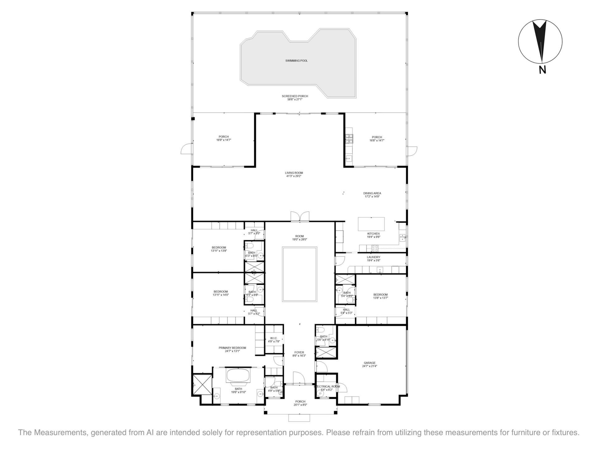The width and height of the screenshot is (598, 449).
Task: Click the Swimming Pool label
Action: point(296,60)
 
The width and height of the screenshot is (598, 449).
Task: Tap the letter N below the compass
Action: point(542,70)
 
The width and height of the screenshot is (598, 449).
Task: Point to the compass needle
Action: point(540,41)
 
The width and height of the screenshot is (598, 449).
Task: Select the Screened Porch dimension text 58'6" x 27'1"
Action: point(295,99)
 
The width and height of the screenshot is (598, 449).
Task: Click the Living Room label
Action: point(294,173)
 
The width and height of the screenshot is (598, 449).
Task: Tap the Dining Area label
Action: point(372,193)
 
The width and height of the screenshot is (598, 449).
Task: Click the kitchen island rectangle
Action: point(371,224)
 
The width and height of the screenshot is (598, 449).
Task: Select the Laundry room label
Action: point(373,257)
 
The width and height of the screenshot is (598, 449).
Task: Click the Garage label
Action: point(369,363)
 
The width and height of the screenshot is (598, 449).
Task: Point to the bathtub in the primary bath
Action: point(238,375)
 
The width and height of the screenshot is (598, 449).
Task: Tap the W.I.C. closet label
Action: point(273,338)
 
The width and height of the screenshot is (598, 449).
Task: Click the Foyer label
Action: point(299,352)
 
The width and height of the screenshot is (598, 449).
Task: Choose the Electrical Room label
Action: point(327,386)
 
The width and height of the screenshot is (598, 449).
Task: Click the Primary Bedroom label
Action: point(232,348)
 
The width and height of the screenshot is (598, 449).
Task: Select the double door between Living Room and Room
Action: point(300,216)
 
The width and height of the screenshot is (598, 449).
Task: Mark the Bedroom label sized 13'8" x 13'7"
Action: point(380,295)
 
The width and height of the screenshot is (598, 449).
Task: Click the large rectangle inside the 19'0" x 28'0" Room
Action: point(300,274)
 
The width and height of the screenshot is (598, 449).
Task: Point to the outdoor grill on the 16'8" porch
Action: point(349,138)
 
